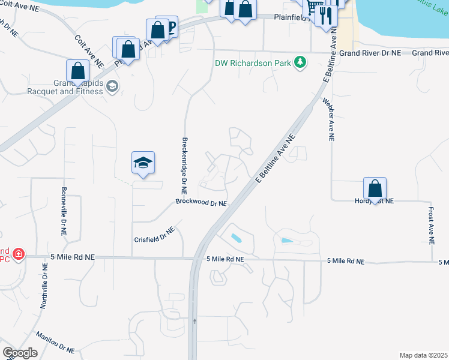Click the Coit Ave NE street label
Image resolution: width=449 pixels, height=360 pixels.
pyautogui.click(x=89, y=50)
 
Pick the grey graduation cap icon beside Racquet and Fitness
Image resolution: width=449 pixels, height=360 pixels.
pyautogui.click(x=112, y=88)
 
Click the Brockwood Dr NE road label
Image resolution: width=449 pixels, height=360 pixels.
pyautogui.click(x=201, y=203)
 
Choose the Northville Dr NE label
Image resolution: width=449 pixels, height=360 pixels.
pyautogui.click(x=44, y=285)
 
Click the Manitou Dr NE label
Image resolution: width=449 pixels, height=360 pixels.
pyautogui.click(x=55, y=343)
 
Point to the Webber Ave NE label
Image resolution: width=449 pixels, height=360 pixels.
pyautogui.click(x=329, y=119)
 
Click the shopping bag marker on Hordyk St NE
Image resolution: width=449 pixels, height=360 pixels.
pyautogui.click(x=375, y=189)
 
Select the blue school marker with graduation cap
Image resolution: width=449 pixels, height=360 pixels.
pyautogui.click(x=143, y=163)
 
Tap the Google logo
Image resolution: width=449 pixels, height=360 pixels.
pyautogui.click(x=20, y=352)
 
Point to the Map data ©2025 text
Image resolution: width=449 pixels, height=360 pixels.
pyautogui.click(x=423, y=355)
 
